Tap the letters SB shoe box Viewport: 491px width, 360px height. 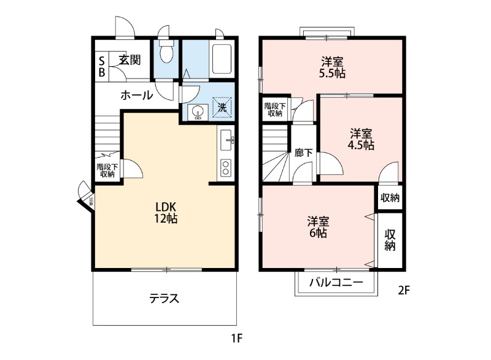pos(102,66)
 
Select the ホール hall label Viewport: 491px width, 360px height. pos(136,95)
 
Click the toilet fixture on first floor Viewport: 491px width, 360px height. pos(165,55)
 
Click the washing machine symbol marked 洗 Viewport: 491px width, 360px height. pos(222,107)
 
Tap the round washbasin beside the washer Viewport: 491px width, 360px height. pos(198,112)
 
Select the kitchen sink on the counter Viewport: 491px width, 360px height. pos(225,140)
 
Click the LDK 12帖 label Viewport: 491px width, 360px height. pos(166,212)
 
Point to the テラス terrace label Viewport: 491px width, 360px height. pos(164,299)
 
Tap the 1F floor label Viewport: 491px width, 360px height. pos(238,338)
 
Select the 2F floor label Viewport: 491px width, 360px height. pos(403,291)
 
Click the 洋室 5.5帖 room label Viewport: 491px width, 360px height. pos(333,67)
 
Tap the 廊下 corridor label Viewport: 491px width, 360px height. pos(303,153)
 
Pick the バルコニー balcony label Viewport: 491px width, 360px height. pos(336,282)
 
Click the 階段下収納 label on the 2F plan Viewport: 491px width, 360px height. pos(274,109)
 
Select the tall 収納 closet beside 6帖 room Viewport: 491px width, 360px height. pos(390,240)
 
